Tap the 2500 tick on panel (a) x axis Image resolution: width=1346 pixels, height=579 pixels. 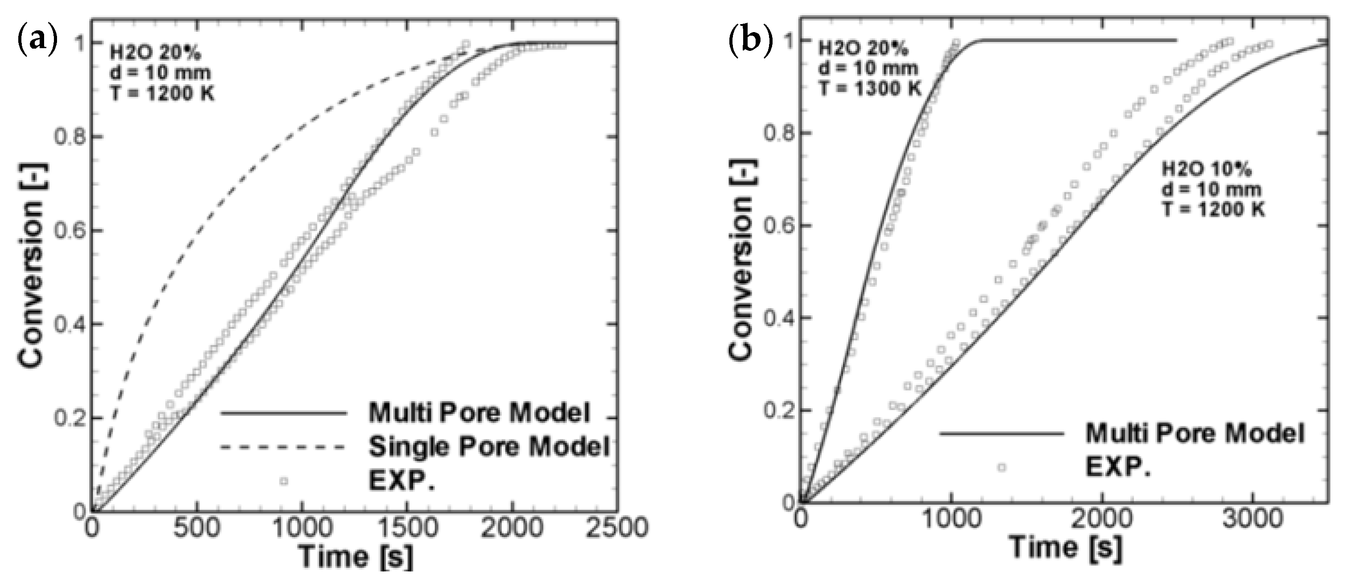click(x=617, y=529)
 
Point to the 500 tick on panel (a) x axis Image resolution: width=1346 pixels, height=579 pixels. click(x=197, y=529)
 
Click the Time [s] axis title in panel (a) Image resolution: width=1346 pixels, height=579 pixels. click(x=355, y=557)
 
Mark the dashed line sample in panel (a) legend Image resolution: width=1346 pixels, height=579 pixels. click(x=282, y=447)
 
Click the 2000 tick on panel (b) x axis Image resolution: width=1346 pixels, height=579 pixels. click(x=1101, y=520)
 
